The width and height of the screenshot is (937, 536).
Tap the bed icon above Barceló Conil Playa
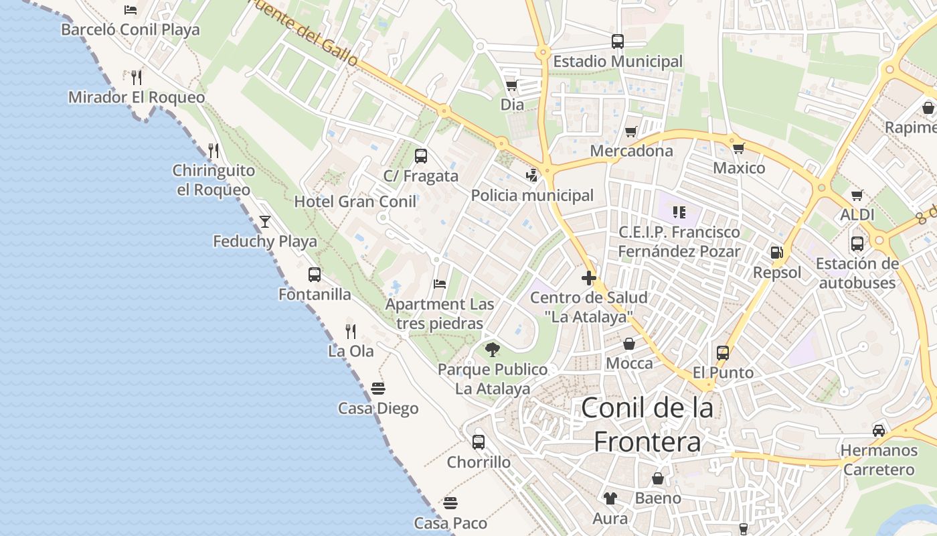click(131, 10)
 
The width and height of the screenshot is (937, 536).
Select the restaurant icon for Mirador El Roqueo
click(137, 77)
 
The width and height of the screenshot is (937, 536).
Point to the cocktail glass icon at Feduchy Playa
click(265, 221)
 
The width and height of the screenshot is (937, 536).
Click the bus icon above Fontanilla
click(315, 274)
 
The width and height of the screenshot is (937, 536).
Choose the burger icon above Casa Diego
click(378, 389)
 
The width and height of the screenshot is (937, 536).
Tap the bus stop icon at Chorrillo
click(479, 442)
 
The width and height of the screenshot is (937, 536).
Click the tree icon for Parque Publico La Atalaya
click(493, 349)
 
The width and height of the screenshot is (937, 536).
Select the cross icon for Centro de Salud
click(589, 277)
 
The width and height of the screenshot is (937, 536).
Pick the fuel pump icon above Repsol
click(777, 253)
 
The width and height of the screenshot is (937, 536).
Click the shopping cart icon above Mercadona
click(631, 131)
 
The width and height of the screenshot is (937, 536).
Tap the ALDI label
click(857, 215)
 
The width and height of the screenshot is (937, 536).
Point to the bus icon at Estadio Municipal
click(618, 42)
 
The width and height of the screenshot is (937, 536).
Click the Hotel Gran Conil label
click(355, 202)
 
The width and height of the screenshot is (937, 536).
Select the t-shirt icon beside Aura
click(610, 498)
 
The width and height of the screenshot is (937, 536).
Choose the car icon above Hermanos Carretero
click(879, 430)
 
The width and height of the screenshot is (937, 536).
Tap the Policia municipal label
click(532, 196)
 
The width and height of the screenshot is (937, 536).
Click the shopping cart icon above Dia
click(512, 85)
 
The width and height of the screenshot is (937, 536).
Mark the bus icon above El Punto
click(723, 352)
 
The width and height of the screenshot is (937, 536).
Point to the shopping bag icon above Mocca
click(629, 344)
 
